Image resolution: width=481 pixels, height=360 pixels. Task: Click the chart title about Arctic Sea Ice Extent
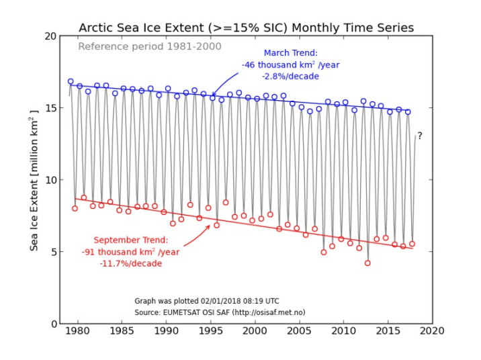246,28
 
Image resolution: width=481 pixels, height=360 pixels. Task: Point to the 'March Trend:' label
290,52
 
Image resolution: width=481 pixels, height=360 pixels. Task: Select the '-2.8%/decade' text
290,77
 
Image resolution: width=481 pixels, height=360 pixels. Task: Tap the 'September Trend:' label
131,240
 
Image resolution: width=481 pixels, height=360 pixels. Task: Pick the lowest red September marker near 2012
367,263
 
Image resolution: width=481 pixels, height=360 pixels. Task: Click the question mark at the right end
420,136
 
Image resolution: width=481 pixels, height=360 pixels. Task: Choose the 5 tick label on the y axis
53,252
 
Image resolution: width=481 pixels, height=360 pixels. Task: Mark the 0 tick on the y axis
53,324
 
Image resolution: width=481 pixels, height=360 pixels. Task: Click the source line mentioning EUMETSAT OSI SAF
220,312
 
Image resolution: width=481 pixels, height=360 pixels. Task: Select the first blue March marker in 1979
71,81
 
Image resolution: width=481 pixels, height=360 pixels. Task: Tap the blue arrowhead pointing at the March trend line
213,95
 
